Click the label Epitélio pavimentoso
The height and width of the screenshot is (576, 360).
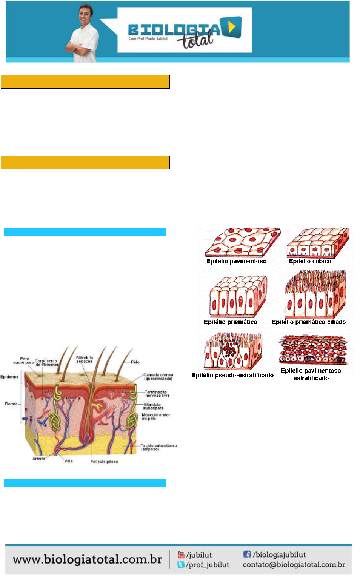[236, 261]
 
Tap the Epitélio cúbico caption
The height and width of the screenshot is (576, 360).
[310, 261]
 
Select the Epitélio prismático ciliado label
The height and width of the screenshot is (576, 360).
[308, 322]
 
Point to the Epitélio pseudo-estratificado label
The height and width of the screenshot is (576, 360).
[232, 375]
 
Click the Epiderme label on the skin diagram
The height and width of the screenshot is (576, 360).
[9, 377]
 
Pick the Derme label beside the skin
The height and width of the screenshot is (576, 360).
[11, 404]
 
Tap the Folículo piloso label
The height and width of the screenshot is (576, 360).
[104, 462]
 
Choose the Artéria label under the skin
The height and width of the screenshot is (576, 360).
[38, 459]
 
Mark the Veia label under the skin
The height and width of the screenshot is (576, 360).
[68, 461]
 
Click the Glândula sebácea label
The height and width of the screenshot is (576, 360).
[85, 359]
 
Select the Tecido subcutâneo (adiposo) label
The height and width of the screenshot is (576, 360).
[158, 447]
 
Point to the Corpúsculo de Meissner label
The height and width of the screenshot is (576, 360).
[46, 363]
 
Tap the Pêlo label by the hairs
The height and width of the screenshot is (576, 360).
[135, 362]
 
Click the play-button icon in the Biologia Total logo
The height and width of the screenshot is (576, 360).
[232, 27]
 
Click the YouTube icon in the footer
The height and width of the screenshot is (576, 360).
[181, 554]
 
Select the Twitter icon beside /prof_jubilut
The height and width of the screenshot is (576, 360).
[181, 564]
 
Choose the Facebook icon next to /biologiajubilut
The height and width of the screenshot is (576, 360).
[247, 554]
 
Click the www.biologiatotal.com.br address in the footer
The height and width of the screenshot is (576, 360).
[87, 559]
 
